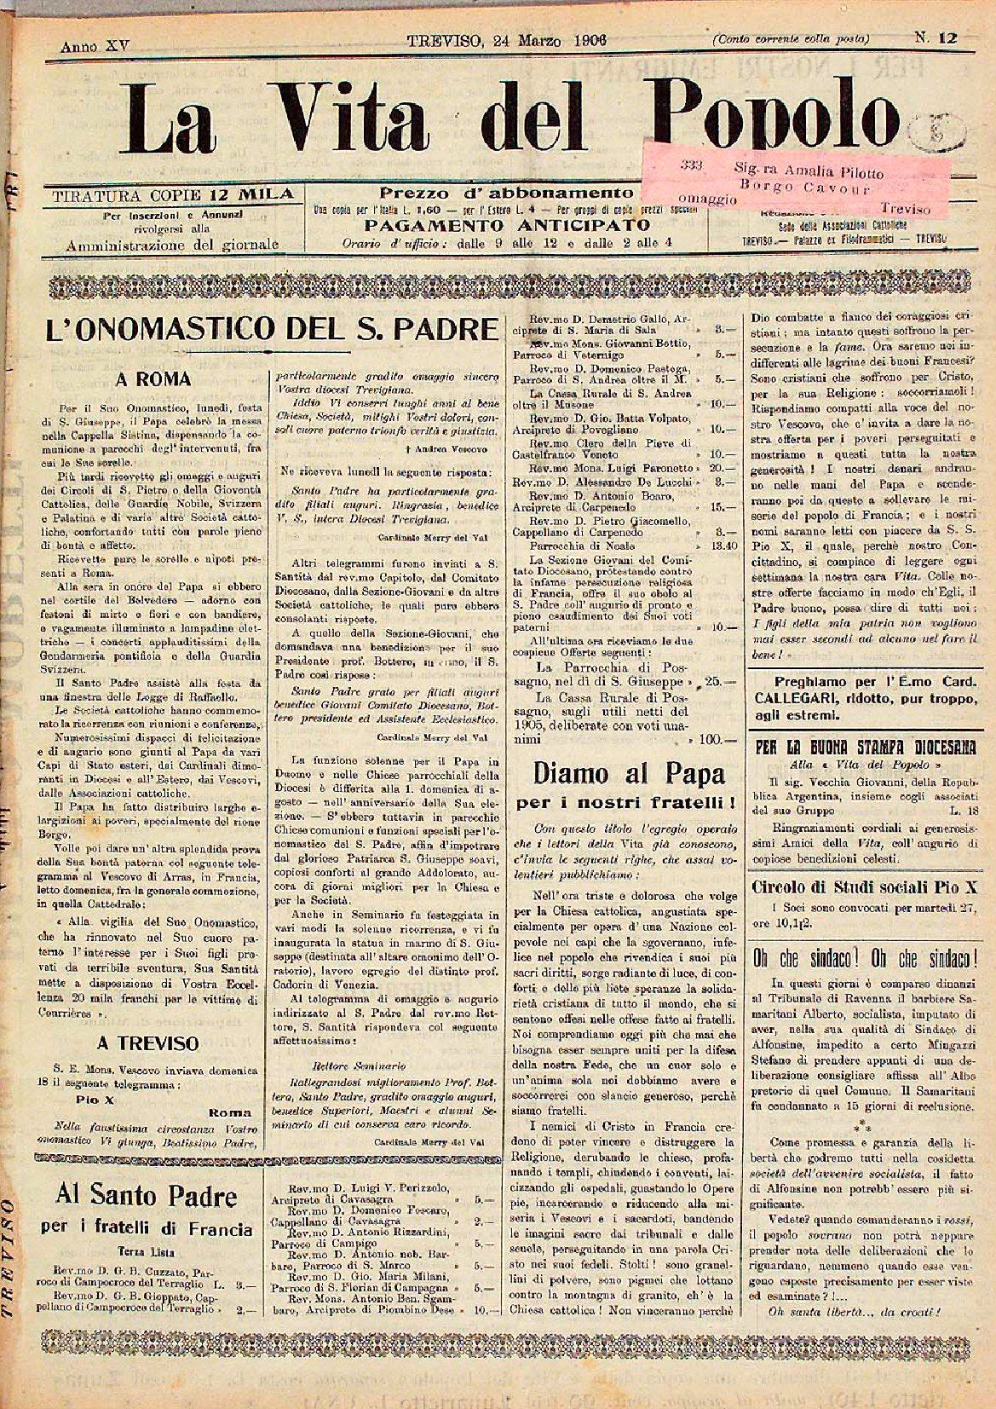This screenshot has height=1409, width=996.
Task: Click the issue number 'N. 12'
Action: [936, 38]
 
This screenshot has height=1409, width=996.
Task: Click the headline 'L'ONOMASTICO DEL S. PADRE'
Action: [271, 329]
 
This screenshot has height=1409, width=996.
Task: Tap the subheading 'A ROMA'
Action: [153, 379]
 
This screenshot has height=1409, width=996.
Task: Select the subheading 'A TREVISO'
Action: [148, 1042]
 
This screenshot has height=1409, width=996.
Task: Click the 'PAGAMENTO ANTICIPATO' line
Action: [507, 226]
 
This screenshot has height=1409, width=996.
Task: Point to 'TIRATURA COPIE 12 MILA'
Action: [173, 194]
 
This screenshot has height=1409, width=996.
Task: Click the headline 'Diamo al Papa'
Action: [629, 773]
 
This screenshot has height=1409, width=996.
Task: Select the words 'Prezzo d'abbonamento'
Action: [506, 193]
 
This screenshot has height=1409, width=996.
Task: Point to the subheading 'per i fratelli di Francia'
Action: [147, 1229]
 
